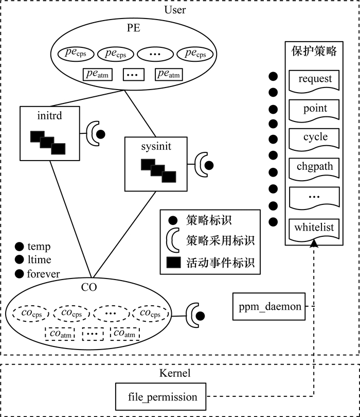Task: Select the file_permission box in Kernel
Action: click(x=163, y=397)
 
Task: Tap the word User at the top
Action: click(x=175, y=10)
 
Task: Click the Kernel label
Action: click(x=175, y=373)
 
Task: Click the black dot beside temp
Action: click(x=20, y=247)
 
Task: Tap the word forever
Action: click(x=43, y=274)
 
